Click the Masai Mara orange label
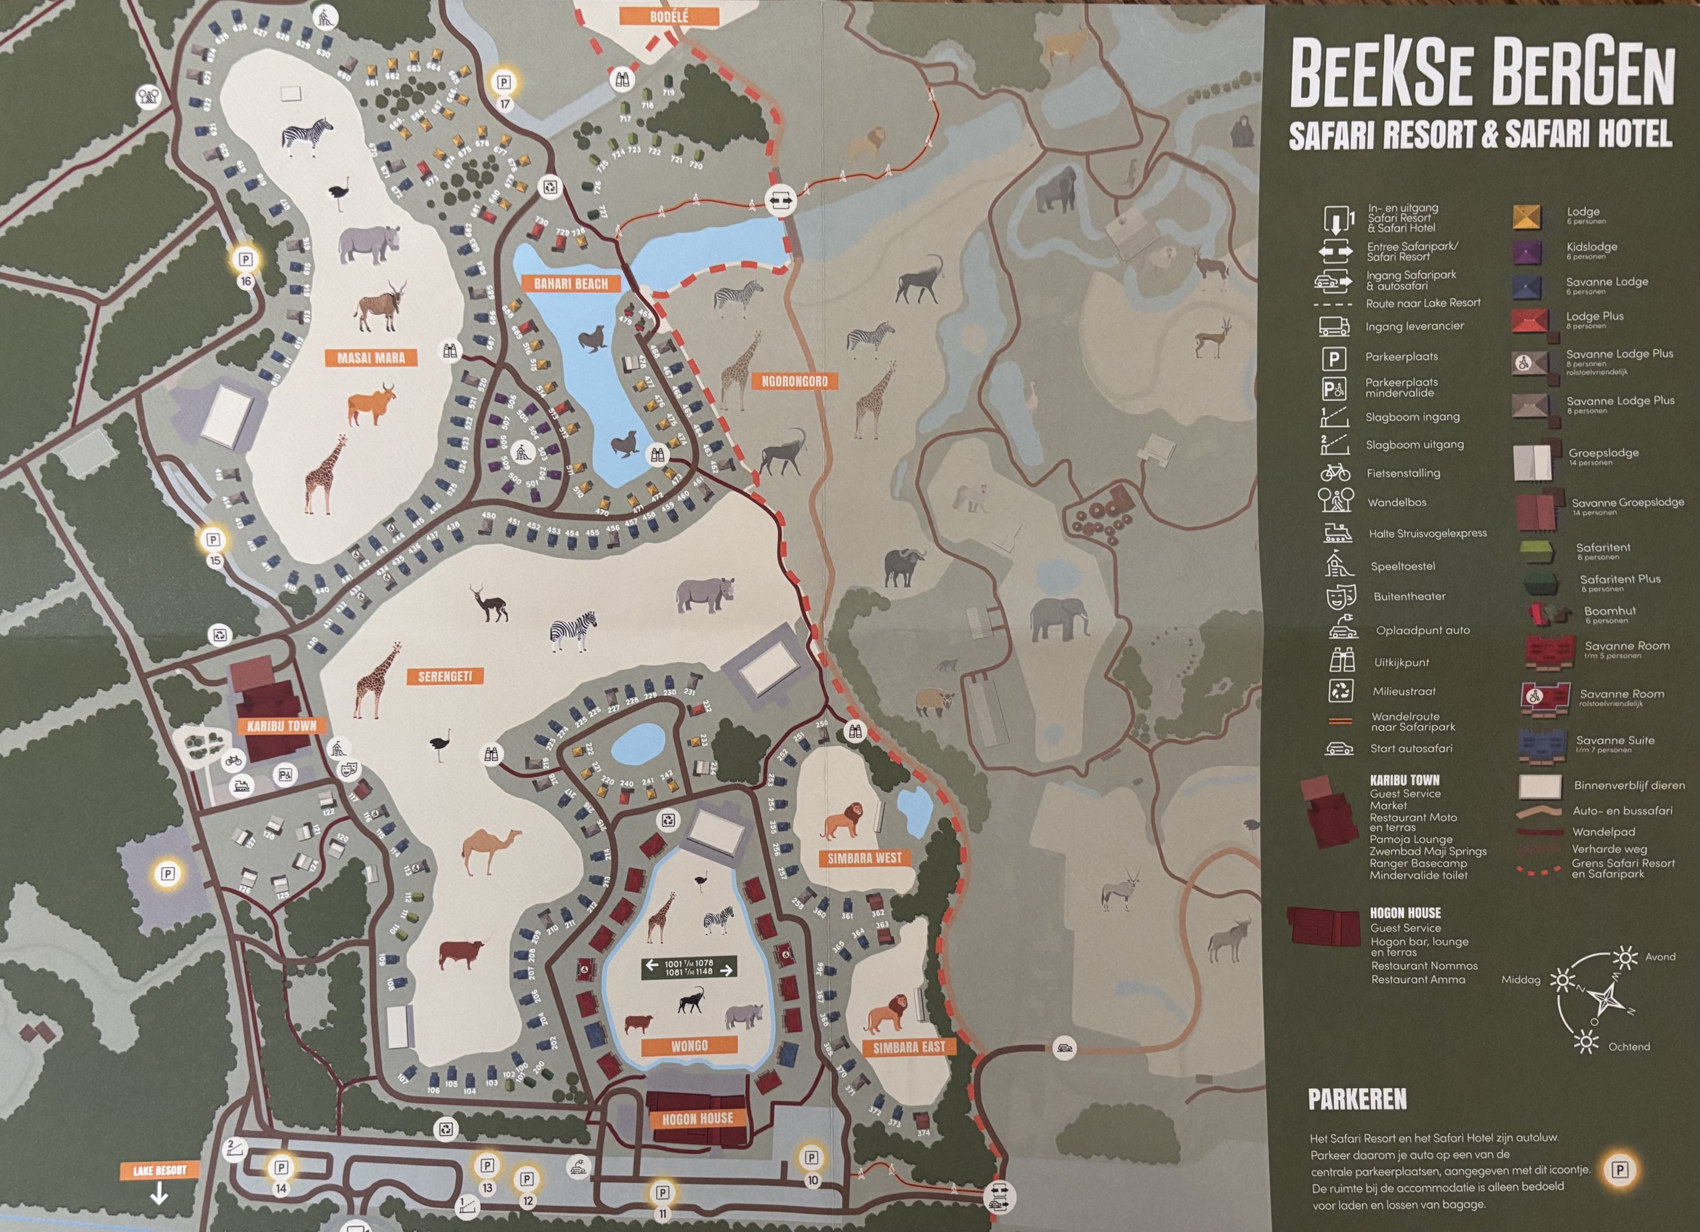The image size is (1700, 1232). click(x=370, y=358)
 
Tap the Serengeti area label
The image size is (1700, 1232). click(x=445, y=676)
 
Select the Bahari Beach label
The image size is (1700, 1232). click(x=571, y=284)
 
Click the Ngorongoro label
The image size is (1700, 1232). click(x=794, y=382)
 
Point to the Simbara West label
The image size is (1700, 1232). click(x=863, y=857)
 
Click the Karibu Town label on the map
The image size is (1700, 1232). click(x=282, y=726)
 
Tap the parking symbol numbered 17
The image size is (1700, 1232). click(x=504, y=83)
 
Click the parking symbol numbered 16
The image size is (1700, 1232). click(x=245, y=260)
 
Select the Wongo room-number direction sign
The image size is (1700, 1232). click(x=689, y=967)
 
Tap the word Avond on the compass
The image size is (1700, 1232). click(x=1659, y=957)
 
